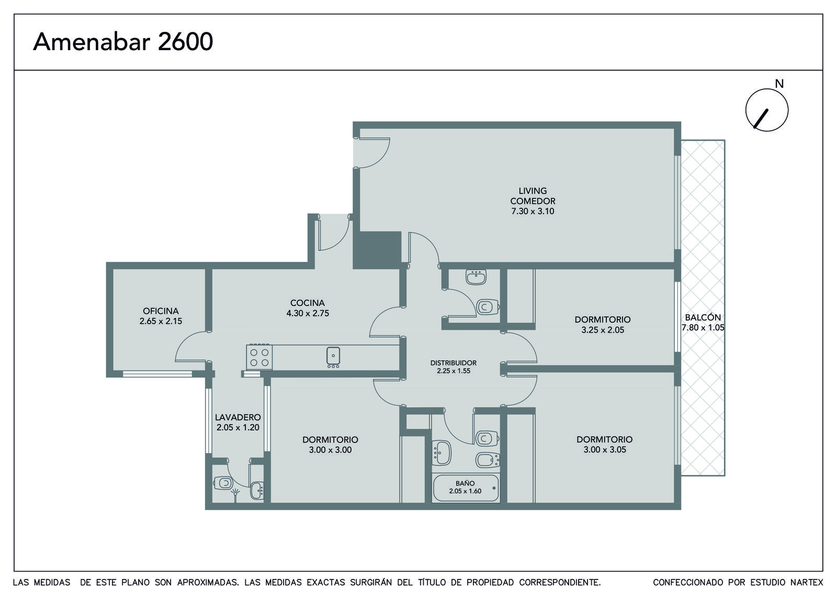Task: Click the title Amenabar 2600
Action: pos(123,41)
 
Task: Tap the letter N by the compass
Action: pos(779,84)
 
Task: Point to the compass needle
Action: pos(761,119)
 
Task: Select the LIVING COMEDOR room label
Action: pos(533,196)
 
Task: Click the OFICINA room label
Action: pos(161,311)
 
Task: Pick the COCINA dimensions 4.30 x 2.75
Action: pos(308,313)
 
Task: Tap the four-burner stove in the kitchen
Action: pos(259,357)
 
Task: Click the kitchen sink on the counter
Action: pos(333,356)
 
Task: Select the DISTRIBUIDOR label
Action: pos(453,363)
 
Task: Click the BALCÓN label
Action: pos(703,317)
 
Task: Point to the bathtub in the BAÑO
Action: pos(466,488)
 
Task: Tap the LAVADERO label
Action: pos(237,417)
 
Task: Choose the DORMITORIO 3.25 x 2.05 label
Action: pos(602,325)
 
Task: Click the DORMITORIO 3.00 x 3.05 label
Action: pos(605,444)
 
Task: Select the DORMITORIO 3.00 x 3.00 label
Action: pos(330,445)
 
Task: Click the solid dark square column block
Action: pos(377,250)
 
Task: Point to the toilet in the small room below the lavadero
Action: pos(223,483)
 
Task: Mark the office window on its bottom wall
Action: pos(157,373)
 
